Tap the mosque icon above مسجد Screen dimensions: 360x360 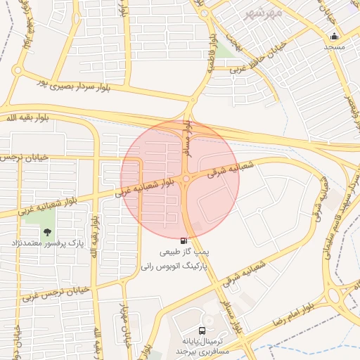[335, 36]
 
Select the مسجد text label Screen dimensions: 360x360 [335, 46]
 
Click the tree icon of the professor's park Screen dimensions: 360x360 [47, 232]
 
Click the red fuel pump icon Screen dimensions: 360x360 [184, 240]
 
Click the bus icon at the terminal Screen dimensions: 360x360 [202, 330]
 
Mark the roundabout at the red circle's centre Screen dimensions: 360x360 [186, 180]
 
